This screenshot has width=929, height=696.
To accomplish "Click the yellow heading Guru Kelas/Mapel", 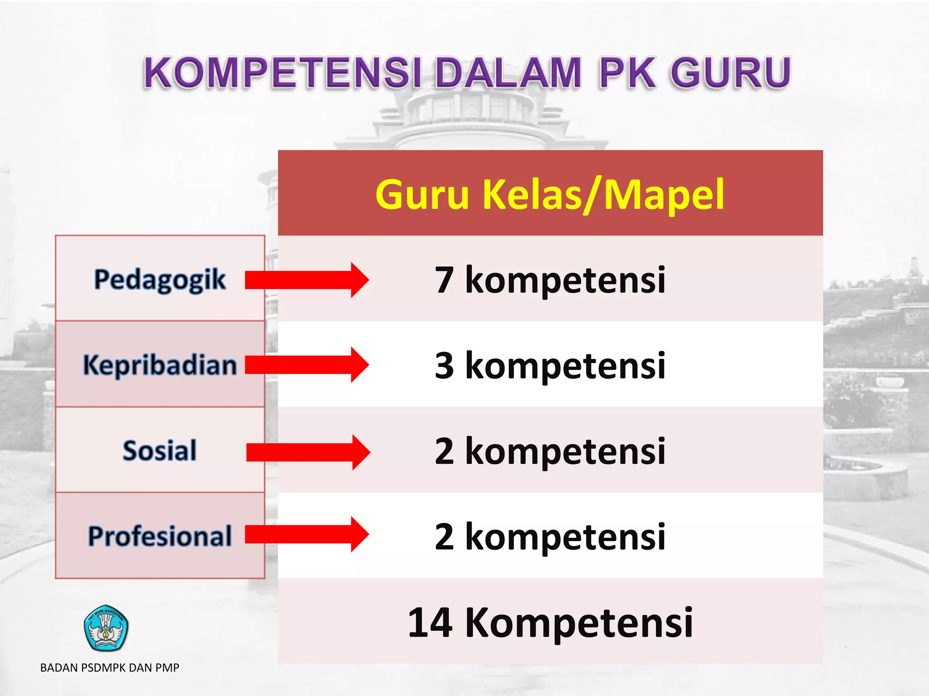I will [550, 194].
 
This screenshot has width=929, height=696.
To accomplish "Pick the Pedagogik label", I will [160, 279].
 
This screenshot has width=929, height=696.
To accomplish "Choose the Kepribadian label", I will [160, 365].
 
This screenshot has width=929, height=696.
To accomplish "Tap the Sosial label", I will [160, 450].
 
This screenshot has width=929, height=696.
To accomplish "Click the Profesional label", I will [160, 536].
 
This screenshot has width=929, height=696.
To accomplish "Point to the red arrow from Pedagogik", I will [307, 280].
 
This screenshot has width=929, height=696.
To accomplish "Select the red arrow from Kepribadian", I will [307, 365].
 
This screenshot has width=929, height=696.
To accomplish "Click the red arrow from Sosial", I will [308, 452].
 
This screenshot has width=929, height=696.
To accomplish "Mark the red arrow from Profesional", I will [307, 534].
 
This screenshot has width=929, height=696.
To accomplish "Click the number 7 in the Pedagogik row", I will [444, 280].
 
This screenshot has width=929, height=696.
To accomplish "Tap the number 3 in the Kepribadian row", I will [444, 366].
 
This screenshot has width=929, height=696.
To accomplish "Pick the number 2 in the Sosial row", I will [444, 451].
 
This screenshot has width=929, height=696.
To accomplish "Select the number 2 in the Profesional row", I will [444, 537].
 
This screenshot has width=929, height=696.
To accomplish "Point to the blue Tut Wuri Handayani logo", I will [106, 628].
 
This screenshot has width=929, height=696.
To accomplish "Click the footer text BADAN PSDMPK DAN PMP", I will [110, 667].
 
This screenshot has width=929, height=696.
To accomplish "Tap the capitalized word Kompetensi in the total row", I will [579, 623].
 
